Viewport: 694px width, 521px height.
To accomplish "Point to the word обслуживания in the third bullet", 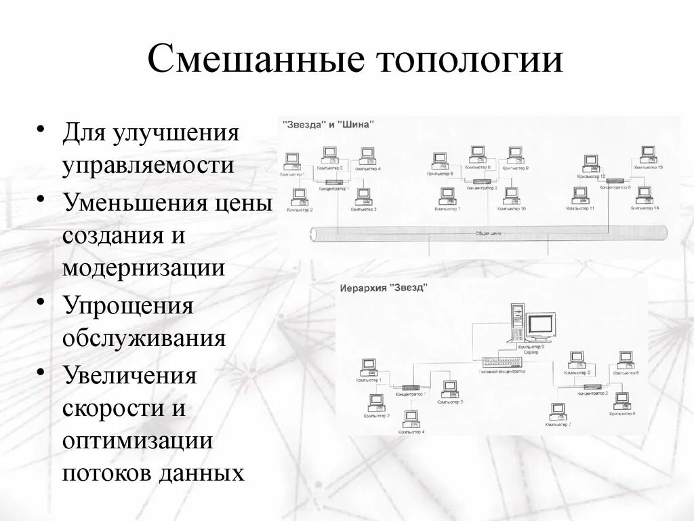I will pyautogui.click(x=144, y=337).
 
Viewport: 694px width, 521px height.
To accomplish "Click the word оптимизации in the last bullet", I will pyautogui.click(x=138, y=440).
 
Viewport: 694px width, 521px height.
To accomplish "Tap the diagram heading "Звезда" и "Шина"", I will pyautogui.click(x=328, y=125).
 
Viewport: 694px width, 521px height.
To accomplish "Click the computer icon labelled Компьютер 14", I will pyautogui.click(x=643, y=195).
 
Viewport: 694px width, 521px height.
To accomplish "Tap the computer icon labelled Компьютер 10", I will pyautogui.click(x=511, y=196).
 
